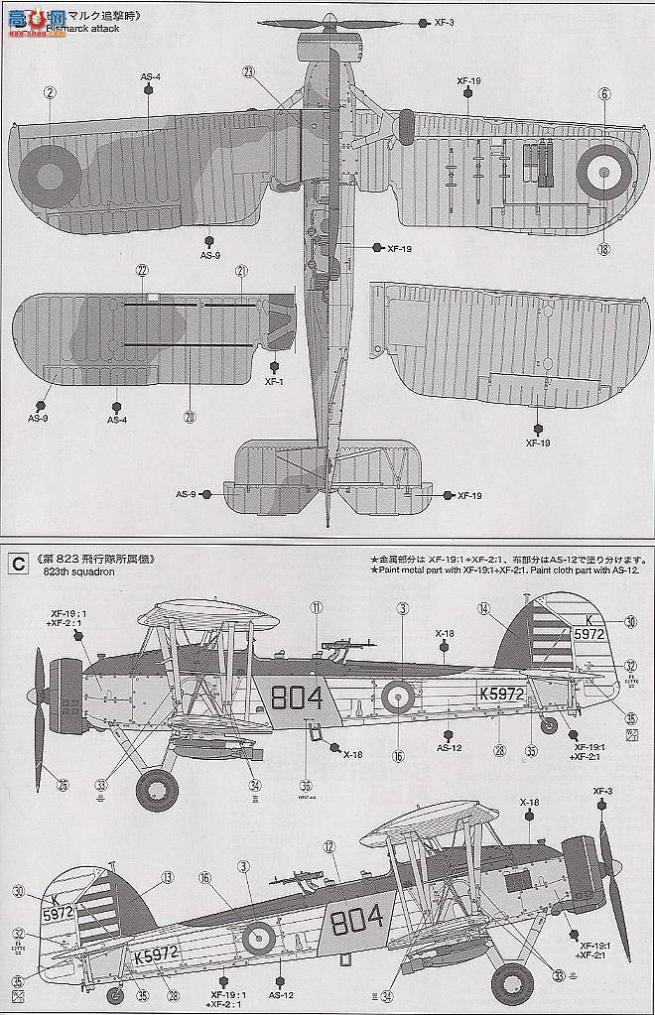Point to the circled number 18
point(603,247)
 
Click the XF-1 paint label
point(275,381)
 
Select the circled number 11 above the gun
point(317,608)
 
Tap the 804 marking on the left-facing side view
point(295,698)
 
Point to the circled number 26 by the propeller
point(63,784)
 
